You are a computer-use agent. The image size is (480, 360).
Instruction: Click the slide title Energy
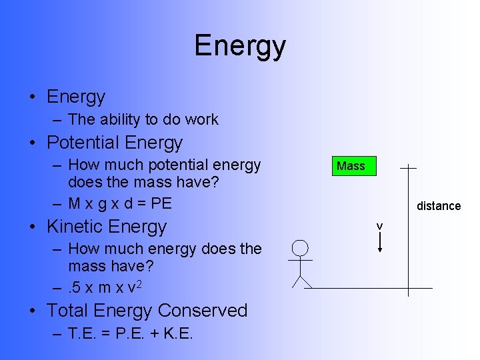click(240, 46)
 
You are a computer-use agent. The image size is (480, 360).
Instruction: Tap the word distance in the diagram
click(439, 206)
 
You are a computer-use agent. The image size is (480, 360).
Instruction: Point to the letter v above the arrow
click(379, 227)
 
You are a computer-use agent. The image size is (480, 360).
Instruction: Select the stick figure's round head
click(301, 249)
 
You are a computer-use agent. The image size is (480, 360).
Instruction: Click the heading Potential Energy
click(114, 143)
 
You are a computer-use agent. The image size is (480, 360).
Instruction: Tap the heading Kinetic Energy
click(107, 227)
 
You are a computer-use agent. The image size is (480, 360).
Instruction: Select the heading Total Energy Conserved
click(147, 311)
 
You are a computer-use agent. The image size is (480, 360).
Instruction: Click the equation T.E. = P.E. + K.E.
click(131, 333)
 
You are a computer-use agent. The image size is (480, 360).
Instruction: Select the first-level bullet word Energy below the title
click(76, 97)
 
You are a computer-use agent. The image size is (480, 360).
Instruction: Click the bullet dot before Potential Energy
click(32, 143)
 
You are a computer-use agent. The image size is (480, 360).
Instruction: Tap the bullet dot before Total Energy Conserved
click(32, 311)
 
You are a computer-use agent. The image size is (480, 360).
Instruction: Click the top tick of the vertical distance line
click(407, 168)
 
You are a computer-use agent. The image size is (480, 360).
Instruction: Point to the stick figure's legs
click(301, 281)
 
